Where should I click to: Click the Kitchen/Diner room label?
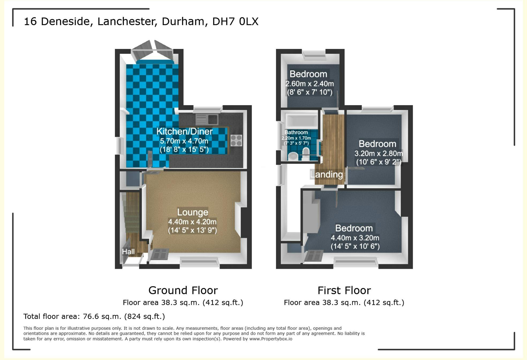(184, 131)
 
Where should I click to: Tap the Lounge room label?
(192, 212)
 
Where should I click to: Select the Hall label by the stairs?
(128, 252)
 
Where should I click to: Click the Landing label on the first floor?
(327, 175)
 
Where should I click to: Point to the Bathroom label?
(296, 132)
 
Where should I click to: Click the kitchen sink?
(207, 119)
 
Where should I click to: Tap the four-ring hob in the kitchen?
(236, 141)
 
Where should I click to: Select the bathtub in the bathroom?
(302, 121)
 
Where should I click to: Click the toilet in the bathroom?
(306, 154)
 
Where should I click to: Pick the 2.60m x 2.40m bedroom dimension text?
(310, 84)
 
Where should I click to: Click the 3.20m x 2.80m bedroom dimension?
(378, 154)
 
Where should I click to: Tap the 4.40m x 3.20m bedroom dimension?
(355, 238)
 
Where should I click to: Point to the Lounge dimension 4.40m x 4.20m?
(192, 222)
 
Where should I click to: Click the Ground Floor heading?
(183, 290)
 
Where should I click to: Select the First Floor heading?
(344, 290)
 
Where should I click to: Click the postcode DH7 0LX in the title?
(235, 21)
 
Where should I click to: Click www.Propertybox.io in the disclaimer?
(271, 339)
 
